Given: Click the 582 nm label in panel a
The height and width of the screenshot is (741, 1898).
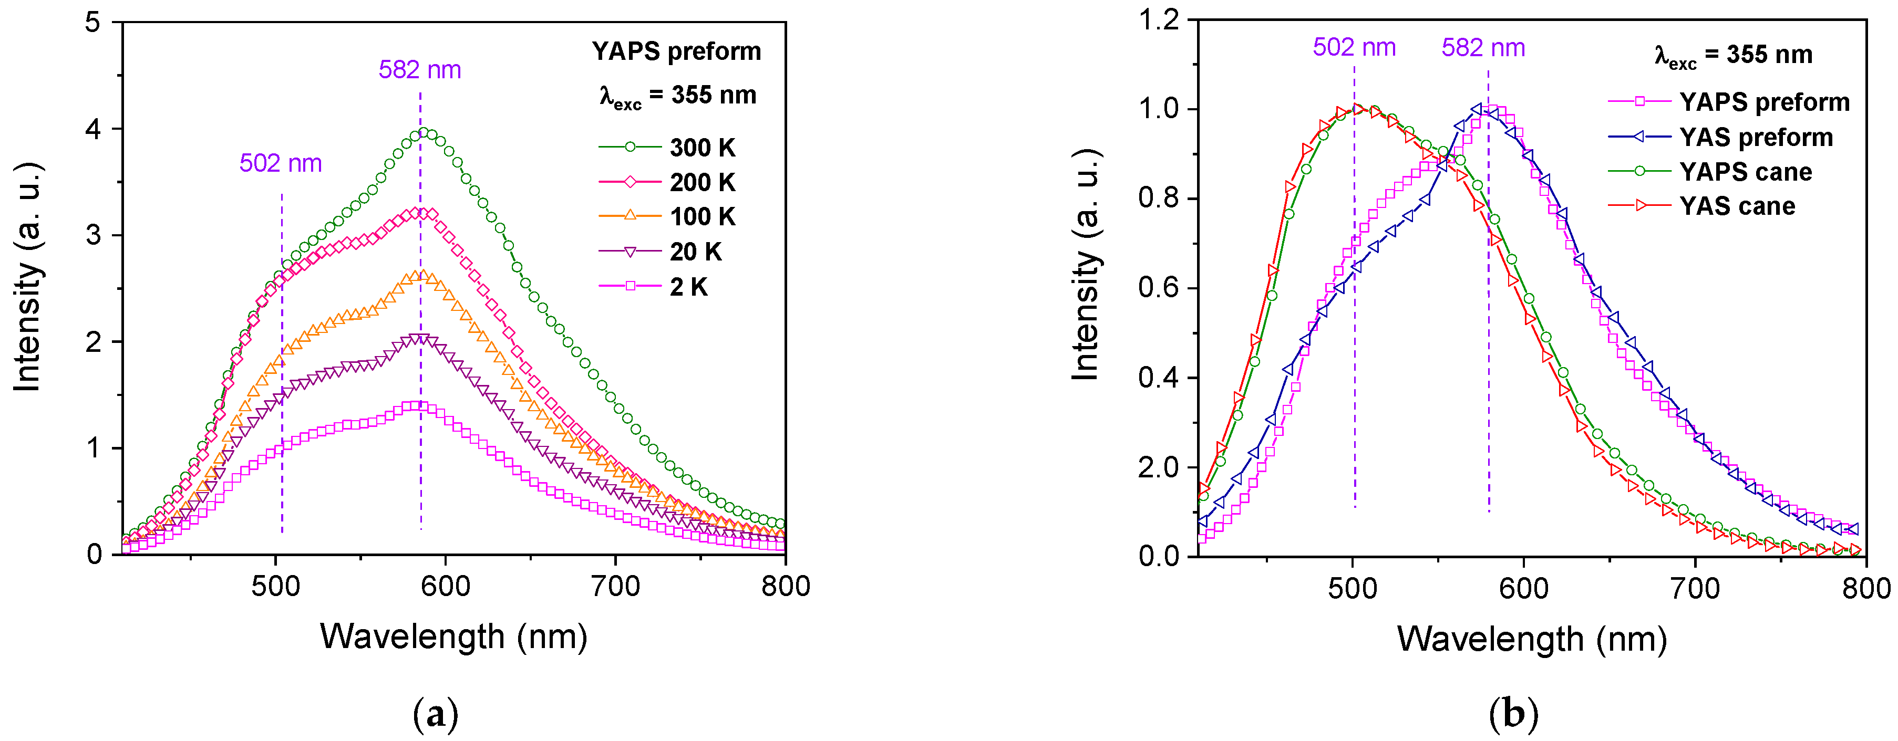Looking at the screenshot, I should coord(420,70).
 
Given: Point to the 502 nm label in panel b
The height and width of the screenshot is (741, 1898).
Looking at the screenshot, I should coord(1354,48).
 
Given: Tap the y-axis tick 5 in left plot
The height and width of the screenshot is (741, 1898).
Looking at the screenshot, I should coord(93,23).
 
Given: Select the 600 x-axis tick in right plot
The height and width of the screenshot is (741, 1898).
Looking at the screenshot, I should coord(1524,589).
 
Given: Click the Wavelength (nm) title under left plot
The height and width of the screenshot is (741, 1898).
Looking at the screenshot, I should coord(454,636).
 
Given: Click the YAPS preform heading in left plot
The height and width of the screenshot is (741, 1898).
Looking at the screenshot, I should coord(676,51).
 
